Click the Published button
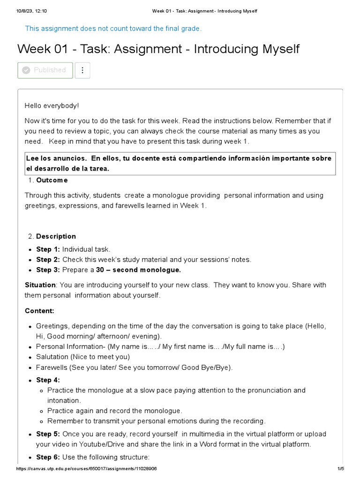[45, 70]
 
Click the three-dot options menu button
[82, 70]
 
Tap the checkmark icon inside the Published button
[26, 70]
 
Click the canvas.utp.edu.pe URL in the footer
[86, 469]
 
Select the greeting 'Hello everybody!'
[52, 106]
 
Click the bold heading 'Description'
[56, 236]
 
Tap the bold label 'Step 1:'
[48, 249]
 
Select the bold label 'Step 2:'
[48, 260]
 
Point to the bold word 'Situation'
[40, 285]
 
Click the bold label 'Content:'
[39, 311]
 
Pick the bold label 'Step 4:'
[48, 380]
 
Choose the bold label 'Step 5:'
[48, 434]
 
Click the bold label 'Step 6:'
[48, 457]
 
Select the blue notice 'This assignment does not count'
[113, 29]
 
